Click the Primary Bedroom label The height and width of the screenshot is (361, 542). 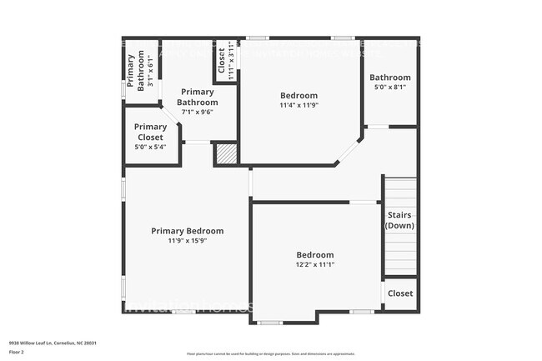click(x=187, y=231)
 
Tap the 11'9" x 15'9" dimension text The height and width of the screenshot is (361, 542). click(x=187, y=241)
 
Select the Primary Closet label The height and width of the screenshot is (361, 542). click(x=150, y=133)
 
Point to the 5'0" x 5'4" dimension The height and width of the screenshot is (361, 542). click(x=150, y=147)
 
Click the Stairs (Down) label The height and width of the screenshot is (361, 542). click(x=400, y=220)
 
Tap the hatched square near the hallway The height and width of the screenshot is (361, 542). click(x=226, y=154)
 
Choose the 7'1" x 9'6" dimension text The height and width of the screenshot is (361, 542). click(x=198, y=113)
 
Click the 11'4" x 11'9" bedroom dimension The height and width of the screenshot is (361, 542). click(x=299, y=105)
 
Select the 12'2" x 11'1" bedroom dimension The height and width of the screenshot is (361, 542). click(x=315, y=264)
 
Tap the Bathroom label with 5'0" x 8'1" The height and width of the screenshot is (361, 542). click(x=390, y=77)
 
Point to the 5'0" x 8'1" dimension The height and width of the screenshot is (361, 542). click(x=390, y=87)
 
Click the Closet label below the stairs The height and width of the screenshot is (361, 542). click(x=400, y=293)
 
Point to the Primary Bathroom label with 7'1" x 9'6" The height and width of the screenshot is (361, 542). click(x=198, y=98)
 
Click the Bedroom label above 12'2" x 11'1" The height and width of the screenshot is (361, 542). click(x=315, y=254)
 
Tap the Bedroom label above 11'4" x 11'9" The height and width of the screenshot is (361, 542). click(x=299, y=95)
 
